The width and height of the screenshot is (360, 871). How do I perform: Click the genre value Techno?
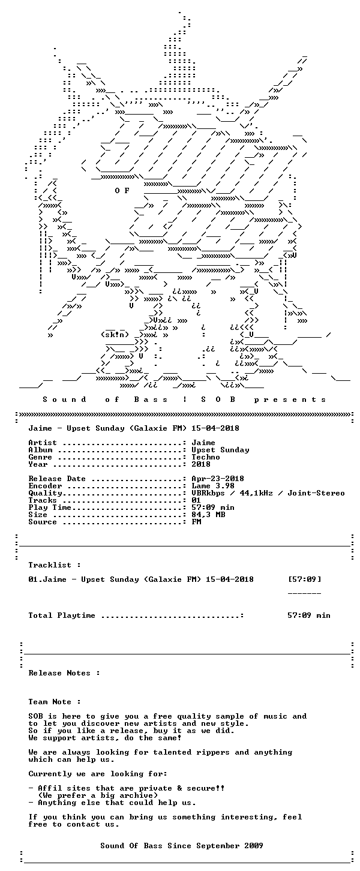pyautogui.click(x=206, y=457)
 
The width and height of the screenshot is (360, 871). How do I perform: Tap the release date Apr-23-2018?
pyautogui.click(x=218, y=479)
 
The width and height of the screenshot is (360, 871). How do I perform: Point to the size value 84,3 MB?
pyautogui.click(x=208, y=515)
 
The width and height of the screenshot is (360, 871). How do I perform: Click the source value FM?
pyautogui.click(x=196, y=522)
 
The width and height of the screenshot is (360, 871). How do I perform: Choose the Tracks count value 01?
pyautogui.click(x=196, y=500)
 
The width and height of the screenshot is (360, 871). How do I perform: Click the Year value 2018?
pyautogui.click(x=201, y=464)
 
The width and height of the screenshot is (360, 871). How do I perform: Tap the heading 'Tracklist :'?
pyautogui.click(x=55, y=565)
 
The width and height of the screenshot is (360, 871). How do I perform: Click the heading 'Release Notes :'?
pyautogui.click(x=64, y=673)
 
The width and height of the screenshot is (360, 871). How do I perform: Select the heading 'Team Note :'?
pyautogui.click(x=55, y=702)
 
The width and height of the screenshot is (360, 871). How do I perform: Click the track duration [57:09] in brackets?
pyautogui.click(x=304, y=579)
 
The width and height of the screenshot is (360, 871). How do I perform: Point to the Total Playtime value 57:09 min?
pyautogui.click(x=309, y=615)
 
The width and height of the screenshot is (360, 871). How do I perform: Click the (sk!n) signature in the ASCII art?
pyautogui.click(x=115, y=335)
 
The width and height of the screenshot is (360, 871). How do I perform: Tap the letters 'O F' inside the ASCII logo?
pyautogui.click(x=122, y=191)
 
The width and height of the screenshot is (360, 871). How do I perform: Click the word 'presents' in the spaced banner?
pyautogui.click(x=290, y=400)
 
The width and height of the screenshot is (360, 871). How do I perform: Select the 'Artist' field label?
pyautogui.click(x=43, y=443)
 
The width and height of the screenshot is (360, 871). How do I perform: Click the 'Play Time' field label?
pyautogui.click(x=50, y=507)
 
